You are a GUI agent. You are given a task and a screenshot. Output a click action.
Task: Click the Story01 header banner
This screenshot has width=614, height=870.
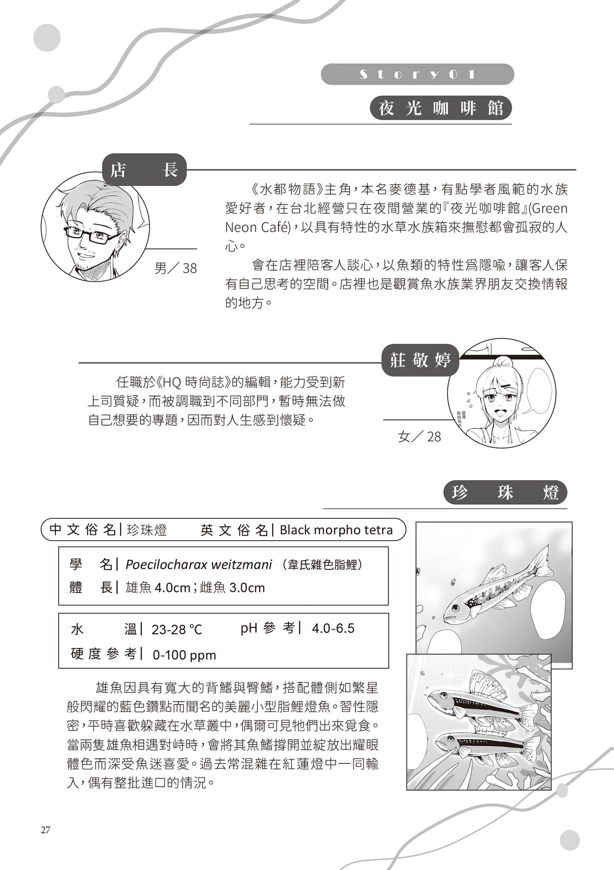coord(417,74)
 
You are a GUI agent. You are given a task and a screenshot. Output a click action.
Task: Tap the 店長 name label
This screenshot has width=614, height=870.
coord(144,170)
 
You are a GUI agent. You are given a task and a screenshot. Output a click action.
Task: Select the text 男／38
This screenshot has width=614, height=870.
coord(176,268)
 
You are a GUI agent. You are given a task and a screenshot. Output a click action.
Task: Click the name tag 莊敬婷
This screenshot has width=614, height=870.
coord(420,361)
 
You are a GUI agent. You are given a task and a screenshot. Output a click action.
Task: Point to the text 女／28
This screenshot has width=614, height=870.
coord(419,436)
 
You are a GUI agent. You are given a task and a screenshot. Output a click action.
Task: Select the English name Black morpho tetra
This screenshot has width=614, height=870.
coord(336,530)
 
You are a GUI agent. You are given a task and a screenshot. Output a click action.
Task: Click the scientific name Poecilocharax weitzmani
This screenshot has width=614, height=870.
coord(199,565)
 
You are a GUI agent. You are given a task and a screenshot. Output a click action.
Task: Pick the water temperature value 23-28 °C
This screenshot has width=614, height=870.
coord(176,629)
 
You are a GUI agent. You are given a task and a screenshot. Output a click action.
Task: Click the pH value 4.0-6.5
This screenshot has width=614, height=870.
coord(333,628)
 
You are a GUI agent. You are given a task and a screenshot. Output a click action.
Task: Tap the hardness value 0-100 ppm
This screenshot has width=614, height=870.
coord(184,655)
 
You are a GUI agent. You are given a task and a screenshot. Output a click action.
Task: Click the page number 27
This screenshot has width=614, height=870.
coord(45,830)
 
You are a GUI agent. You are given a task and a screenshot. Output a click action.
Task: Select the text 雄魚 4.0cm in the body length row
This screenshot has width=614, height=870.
coord(158,588)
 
